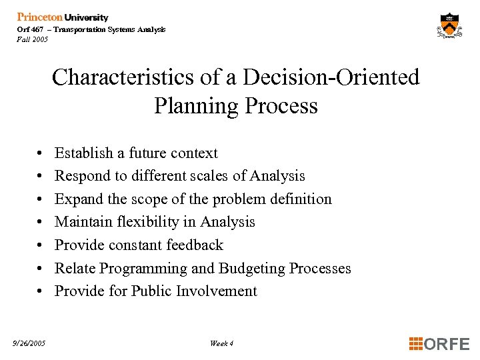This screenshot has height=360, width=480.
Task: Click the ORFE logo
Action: tap(439, 344)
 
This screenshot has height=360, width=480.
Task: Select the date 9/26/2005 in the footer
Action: tap(29, 343)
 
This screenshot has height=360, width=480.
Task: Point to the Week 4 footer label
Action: tap(221, 343)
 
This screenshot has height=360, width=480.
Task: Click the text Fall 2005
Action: tap(32, 39)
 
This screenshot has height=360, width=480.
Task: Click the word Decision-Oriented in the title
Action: tap(331, 77)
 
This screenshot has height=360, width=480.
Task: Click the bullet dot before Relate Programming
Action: tap(41, 269)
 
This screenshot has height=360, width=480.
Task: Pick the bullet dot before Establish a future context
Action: tap(41, 153)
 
